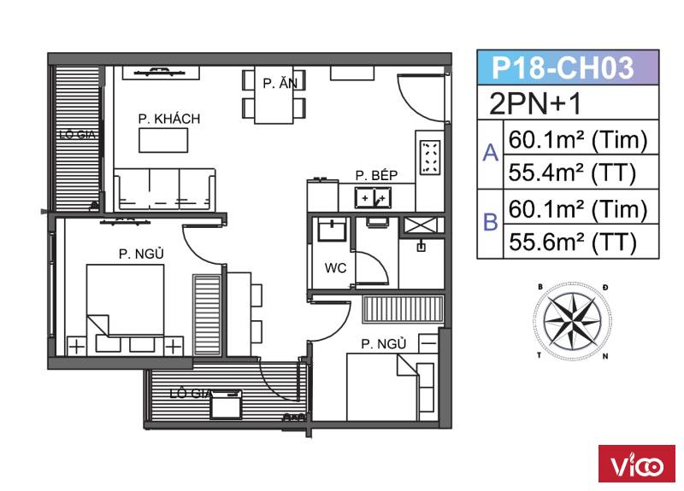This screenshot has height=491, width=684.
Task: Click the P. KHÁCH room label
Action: tap(169, 119)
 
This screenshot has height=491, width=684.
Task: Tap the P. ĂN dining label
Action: tap(280, 83)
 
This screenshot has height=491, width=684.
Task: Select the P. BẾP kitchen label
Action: tap(376, 175)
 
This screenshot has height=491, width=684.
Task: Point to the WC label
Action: tap(335, 268)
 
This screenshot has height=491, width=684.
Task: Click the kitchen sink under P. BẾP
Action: tap(373, 198)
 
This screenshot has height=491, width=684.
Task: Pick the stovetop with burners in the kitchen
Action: tap(430, 156)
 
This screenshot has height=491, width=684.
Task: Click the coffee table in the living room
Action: tap(163, 140)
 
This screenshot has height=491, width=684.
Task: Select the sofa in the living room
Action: tap(165, 190)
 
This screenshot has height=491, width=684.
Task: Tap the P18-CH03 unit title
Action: tap(563, 68)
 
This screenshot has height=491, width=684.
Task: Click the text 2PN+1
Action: tap(536, 103)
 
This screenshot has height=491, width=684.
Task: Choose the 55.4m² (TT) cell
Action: tap(572, 172)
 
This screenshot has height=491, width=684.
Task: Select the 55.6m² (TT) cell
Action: tap(572, 242)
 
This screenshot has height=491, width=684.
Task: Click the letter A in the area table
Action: tap(490, 154)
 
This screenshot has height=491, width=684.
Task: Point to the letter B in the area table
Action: tap(490, 222)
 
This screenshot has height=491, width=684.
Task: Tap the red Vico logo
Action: tap(636, 464)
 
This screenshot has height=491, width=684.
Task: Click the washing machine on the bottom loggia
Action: tap(226, 405)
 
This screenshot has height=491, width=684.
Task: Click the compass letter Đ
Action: tap(605, 288)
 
